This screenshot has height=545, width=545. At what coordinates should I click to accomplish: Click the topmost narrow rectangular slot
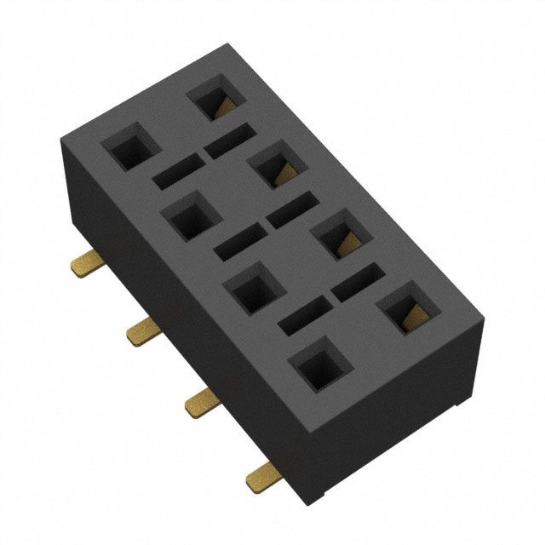tap(229, 140)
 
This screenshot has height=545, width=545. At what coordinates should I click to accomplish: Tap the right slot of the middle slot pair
tap(293, 209)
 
